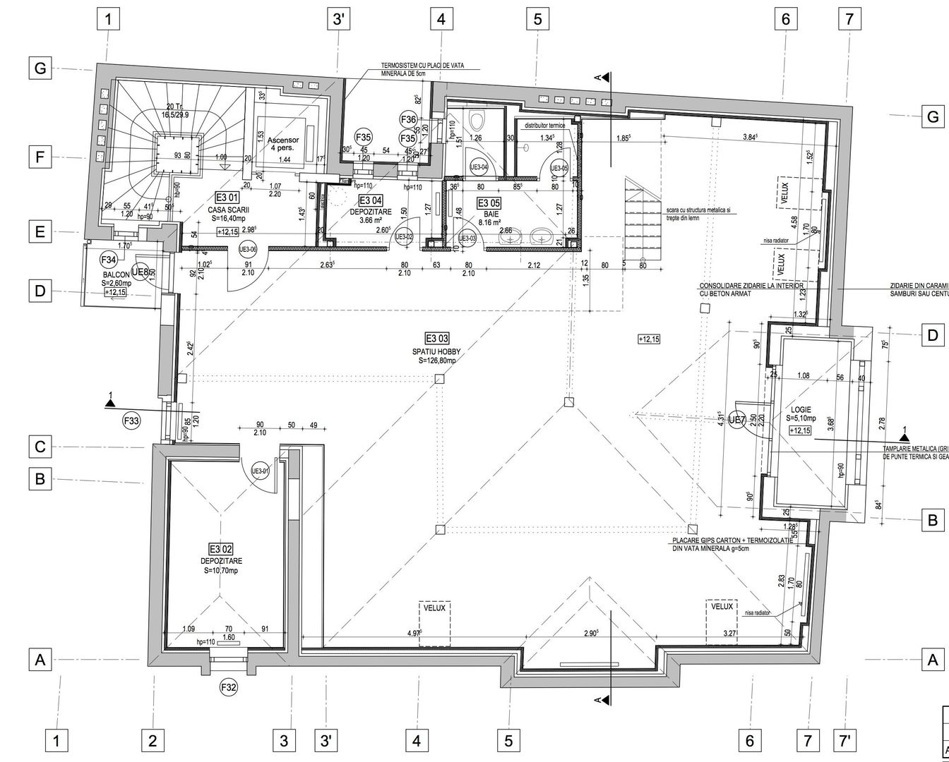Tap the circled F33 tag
(x=132, y=422)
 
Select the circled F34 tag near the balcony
(x=108, y=259)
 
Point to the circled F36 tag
(x=408, y=119)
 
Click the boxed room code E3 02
(x=220, y=548)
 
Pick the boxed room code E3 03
(x=436, y=337)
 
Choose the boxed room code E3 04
(x=371, y=200)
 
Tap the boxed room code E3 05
(x=489, y=202)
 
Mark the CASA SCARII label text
(x=226, y=210)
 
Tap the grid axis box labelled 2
(x=153, y=740)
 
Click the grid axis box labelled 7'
(x=845, y=740)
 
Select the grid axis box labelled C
(x=40, y=447)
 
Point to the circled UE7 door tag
(x=736, y=421)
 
